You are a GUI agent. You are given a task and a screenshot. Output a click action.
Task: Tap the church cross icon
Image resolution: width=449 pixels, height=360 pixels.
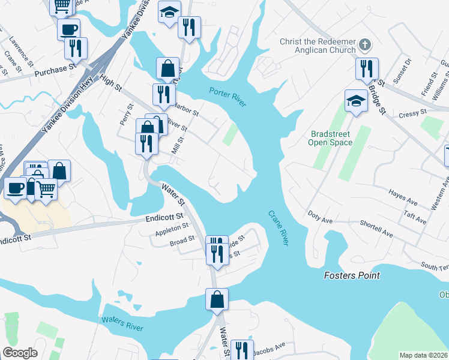364,44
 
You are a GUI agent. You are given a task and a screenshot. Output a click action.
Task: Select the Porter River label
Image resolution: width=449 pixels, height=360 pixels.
228,97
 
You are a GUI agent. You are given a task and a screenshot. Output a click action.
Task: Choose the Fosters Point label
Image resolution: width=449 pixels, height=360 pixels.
352,275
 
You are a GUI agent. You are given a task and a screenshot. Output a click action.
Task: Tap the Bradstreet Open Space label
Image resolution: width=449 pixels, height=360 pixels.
330,138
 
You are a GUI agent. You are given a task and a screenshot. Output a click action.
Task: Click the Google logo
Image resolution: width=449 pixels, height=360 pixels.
20,353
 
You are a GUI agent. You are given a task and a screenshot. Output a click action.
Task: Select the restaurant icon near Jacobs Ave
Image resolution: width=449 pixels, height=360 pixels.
239,350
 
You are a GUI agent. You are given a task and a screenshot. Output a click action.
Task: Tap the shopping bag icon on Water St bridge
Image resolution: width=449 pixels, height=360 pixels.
217,298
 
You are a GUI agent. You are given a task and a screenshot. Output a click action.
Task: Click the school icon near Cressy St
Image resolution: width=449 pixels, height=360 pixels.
355,100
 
